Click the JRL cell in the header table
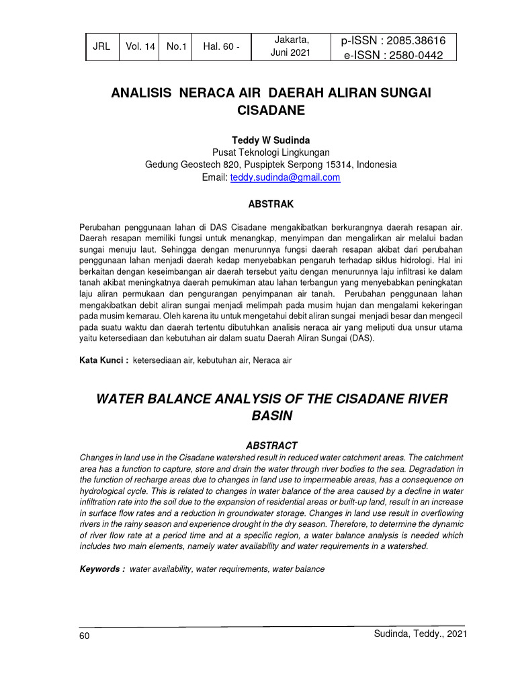coord(101,46)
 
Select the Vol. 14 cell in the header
coord(139,46)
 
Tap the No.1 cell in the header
coord(176,46)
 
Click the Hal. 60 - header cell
coord(222,46)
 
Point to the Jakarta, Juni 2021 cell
coord(292,46)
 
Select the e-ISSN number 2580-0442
coord(411,55)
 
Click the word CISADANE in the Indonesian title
coord(271,110)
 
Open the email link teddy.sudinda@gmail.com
coord(285,177)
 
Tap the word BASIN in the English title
coord(271,416)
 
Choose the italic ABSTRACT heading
coord(271,445)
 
